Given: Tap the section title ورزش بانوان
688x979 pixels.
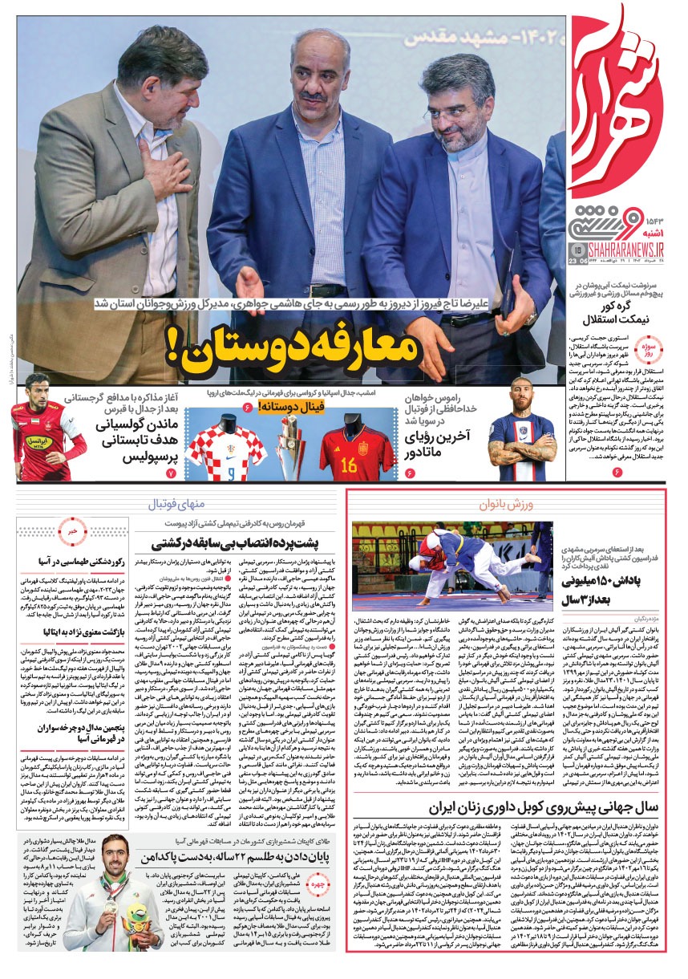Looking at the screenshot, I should point(505,505).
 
